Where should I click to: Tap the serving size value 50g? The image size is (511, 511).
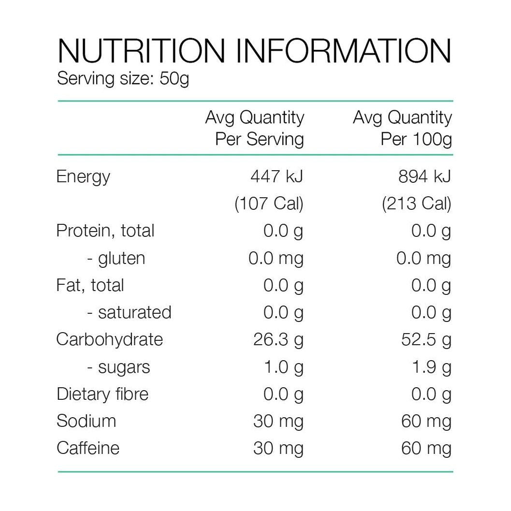pos(174,78)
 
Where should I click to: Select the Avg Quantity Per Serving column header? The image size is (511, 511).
pos(255,128)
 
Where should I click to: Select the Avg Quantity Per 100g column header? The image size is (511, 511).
pos(402,128)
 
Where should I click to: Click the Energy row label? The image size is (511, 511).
pos(83,177)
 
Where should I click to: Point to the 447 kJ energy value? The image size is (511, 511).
pos(277,177)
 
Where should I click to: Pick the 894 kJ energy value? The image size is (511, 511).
pos(424,177)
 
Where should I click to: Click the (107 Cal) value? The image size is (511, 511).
pos(269,204)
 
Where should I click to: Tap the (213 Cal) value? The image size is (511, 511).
pos(416,204)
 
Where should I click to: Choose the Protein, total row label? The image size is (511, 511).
pos(105,231)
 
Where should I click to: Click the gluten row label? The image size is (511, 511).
pos(116,258)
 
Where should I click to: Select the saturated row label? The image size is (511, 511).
pos(129,312)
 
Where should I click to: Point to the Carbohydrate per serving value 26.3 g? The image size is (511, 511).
pos(278,339)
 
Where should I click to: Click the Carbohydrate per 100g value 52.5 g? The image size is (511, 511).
pos(426,339)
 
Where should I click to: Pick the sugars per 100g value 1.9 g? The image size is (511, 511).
pos(431,367)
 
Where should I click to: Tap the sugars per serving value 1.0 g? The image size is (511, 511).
pos(283,367)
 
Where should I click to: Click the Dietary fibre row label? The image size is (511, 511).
pos(102,394)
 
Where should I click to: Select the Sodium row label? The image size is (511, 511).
pos(86,421)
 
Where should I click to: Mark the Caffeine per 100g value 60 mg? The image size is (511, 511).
pos(426,448)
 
